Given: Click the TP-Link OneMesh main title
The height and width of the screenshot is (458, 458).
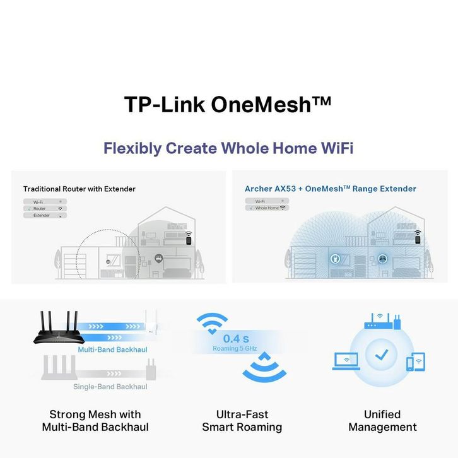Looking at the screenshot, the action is pyautogui.click(x=228, y=104).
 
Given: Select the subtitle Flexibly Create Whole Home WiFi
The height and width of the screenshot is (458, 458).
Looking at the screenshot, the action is pyautogui.click(x=228, y=148).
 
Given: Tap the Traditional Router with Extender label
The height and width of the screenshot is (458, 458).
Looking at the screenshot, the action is pyautogui.click(x=79, y=189).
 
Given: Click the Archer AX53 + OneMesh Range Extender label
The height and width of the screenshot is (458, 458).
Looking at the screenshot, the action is pyautogui.click(x=331, y=189).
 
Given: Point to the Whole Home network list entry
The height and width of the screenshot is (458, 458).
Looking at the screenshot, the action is pyautogui.click(x=267, y=208).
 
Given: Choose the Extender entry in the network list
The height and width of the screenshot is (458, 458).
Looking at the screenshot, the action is pyautogui.click(x=45, y=216).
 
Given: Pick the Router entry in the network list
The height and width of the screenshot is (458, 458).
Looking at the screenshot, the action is pyautogui.click(x=45, y=209).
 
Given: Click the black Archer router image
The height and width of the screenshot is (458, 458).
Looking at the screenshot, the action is pyautogui.click(x=59, y=327).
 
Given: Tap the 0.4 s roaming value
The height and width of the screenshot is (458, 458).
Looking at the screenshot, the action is pyautogui.click(x=236, y=339).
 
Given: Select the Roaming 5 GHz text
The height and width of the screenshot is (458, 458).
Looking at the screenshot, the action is pyautogui.click(x=235, y=348).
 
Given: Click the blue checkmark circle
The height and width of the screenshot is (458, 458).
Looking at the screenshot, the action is pyautogui.click(x=381, y=355).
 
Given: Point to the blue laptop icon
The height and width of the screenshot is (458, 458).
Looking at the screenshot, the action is pyautogui.click(x=346, y=361).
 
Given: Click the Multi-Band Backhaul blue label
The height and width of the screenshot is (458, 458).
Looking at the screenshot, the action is pyautogui.click(x=112, y=349).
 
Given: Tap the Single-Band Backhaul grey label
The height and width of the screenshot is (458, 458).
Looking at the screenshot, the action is pyautogui.click(x=110, y=387).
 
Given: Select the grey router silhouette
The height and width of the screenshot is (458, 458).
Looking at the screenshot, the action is pyautogui.click(x=59, y=368).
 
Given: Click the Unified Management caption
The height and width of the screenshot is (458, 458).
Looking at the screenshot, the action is pyautogui.click(x=382, y=421).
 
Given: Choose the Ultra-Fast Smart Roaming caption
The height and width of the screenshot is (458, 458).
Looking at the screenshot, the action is pyautogui.click(x=242, y=421).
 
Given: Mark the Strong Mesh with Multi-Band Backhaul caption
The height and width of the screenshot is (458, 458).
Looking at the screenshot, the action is pyautogui.click(x=95, y=421).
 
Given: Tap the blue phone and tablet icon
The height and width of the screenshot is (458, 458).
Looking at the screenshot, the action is pyautogui.click(x=416, y=361).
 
